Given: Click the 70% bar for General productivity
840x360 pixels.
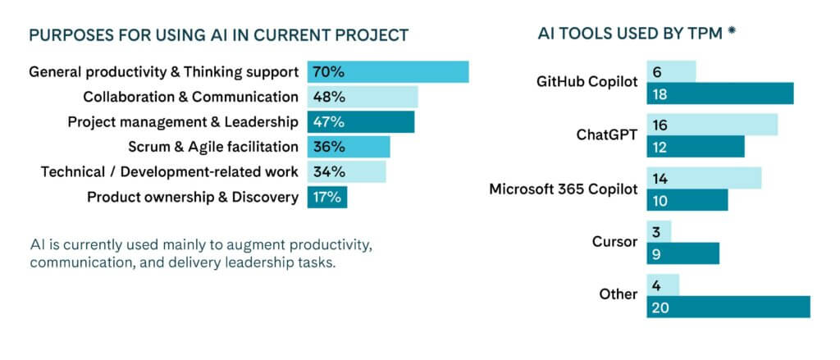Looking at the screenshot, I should [388, 71].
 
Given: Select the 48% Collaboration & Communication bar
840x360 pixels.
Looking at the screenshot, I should [363, 97].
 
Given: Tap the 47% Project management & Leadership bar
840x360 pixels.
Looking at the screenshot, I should [361, 122].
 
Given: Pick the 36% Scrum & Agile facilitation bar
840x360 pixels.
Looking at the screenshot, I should [349, 148].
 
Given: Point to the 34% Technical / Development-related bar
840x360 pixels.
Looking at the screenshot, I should [346, 172].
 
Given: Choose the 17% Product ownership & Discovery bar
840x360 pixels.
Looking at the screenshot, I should [327, 197].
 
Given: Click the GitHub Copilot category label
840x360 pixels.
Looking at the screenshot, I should [587, 82].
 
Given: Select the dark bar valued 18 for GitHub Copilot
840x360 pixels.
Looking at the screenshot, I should [719, 93].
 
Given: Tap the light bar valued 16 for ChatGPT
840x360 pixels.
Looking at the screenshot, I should [711, 125].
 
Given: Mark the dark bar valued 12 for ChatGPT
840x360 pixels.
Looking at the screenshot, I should [695, 147].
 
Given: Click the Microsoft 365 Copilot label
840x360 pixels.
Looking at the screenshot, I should [563, 189].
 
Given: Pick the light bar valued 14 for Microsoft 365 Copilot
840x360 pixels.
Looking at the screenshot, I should [703, 178].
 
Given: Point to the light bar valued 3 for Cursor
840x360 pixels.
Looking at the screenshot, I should [659, 231].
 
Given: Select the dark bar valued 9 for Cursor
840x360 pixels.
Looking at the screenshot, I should [682, 253].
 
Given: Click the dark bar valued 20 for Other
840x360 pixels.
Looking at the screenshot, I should [728, 307].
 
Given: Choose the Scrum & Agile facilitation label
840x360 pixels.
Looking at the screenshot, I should [213, 148].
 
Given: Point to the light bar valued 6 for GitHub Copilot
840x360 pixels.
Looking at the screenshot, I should [671, 71].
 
